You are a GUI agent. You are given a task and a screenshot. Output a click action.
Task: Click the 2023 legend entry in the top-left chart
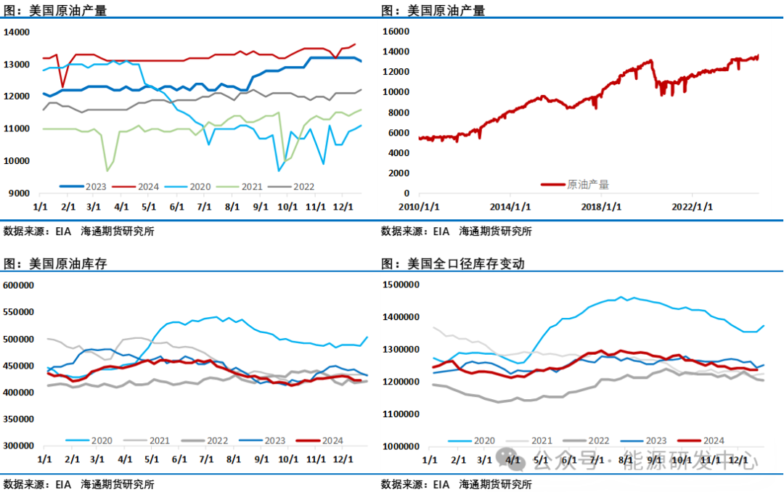(95, 186)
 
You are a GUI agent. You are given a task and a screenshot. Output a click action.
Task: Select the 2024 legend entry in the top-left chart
(148, 186)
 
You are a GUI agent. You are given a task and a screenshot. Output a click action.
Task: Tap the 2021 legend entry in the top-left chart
(252, 186)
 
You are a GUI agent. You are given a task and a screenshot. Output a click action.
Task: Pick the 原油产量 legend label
(588, 185)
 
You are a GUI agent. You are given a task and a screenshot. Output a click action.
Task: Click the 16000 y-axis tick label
(396, 32)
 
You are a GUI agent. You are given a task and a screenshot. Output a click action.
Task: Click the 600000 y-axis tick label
(20, 285)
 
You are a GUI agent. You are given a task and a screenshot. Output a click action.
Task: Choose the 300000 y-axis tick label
(20, 446)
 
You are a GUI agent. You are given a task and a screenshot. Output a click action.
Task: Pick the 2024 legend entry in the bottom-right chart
(713, 440)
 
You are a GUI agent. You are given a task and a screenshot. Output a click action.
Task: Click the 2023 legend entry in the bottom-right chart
(656, 440)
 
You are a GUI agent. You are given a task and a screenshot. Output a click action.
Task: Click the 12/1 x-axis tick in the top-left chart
(343, 206)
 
